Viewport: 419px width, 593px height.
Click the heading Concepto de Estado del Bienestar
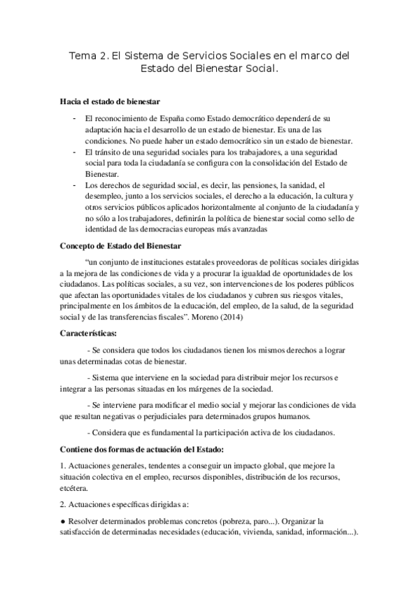120,246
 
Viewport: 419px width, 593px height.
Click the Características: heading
88,334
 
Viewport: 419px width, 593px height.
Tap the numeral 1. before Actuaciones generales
64,465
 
